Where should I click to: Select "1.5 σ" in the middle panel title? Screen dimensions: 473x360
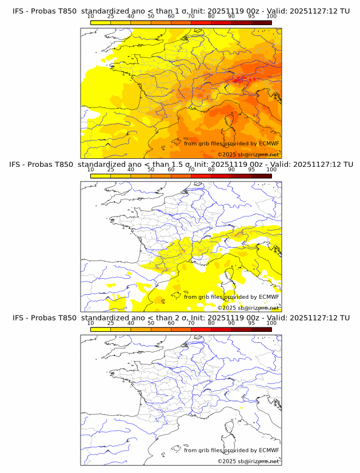(181, 165)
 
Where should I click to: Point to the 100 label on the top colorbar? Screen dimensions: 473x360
(271, 17)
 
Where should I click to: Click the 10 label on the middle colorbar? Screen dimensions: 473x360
(90, 170)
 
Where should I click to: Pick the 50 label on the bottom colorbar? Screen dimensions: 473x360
(151, 323)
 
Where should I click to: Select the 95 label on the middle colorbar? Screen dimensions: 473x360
(251, 170)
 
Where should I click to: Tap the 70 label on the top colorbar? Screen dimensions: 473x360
(191, 17)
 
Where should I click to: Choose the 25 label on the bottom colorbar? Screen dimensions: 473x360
(110, 323)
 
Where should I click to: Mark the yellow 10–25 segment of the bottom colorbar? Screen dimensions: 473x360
(100, 329)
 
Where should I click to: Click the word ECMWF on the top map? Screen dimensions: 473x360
(269, 144)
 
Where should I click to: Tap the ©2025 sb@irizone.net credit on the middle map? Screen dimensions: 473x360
(248, 308)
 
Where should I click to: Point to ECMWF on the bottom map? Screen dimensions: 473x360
(269, 450)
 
